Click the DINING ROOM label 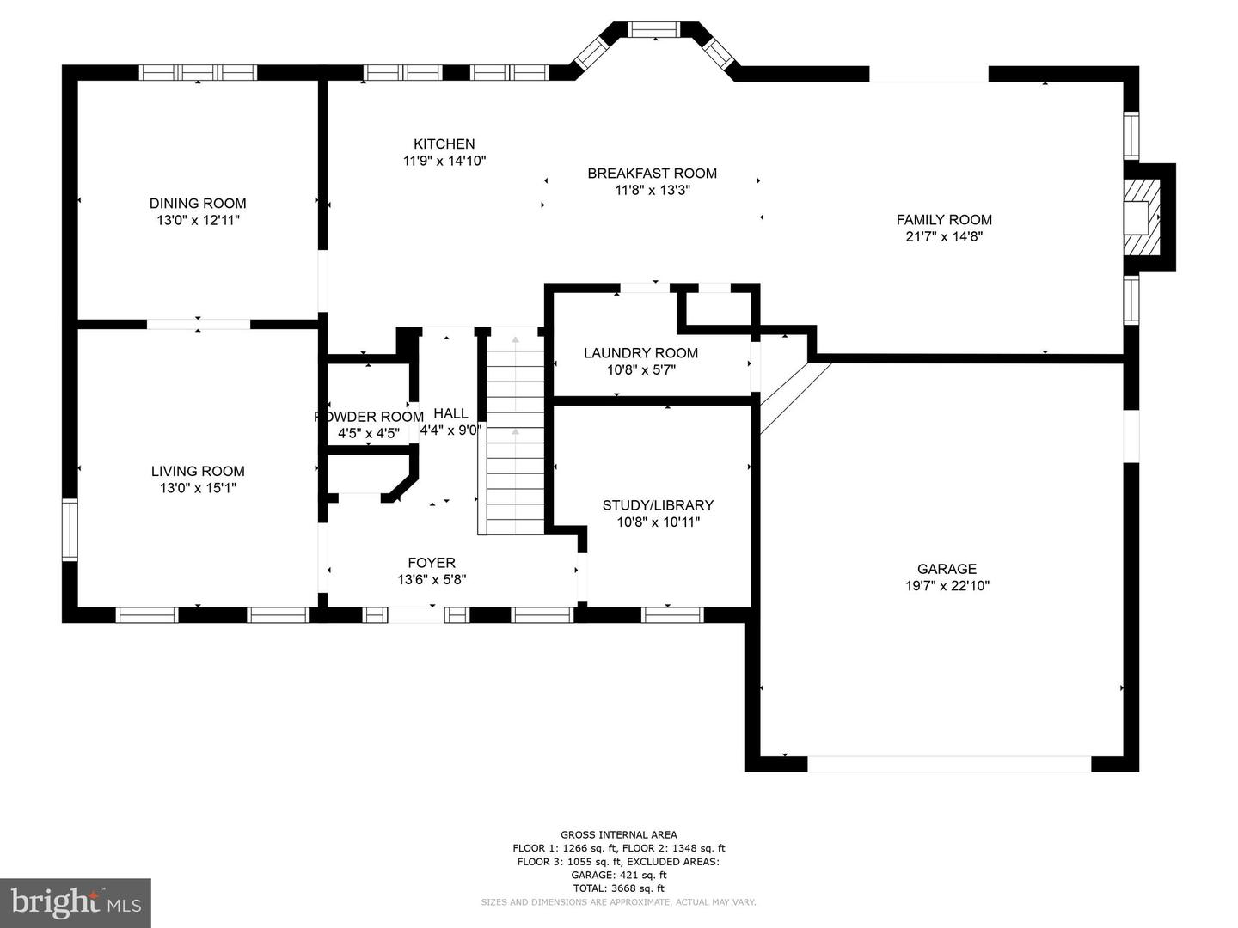pyautogui.click(x=198, y=203)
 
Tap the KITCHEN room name pyautogui.click(x=444, y=143)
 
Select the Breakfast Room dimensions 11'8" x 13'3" pyautogui.click(x=653, y=190)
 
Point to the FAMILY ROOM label pyautogui.click(x=944, y=219)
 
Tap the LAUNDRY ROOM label pyautogui.click(x=640, y=352)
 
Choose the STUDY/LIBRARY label pyautogui.click(x=659, y=505)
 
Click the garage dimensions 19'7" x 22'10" pyautogui.click(x=947, y=585)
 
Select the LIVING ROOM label pyautogui.click(x=198, y=471)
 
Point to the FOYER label pyautogui.click(x=432, y=562)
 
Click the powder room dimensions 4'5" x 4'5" pyautogui.click(x=369, y=433)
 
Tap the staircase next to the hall pyautogui.click(x=515, y=431)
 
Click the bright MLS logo pyautogui.click(x=76, y=902)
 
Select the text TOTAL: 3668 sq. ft pyautogui.click(x=619, y=888)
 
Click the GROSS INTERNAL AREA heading pyautogui.click(x=619, y=834)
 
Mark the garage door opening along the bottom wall pyautogui.click(x=950, y=764)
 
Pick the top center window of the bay pyautogui.click(x=655, y=29)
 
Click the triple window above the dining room pyautogui.click(x=198, y=73)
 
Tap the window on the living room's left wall pyautogui.click(x=70, y=529)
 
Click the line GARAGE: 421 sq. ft pyautogui.click(x=619, y=875)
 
